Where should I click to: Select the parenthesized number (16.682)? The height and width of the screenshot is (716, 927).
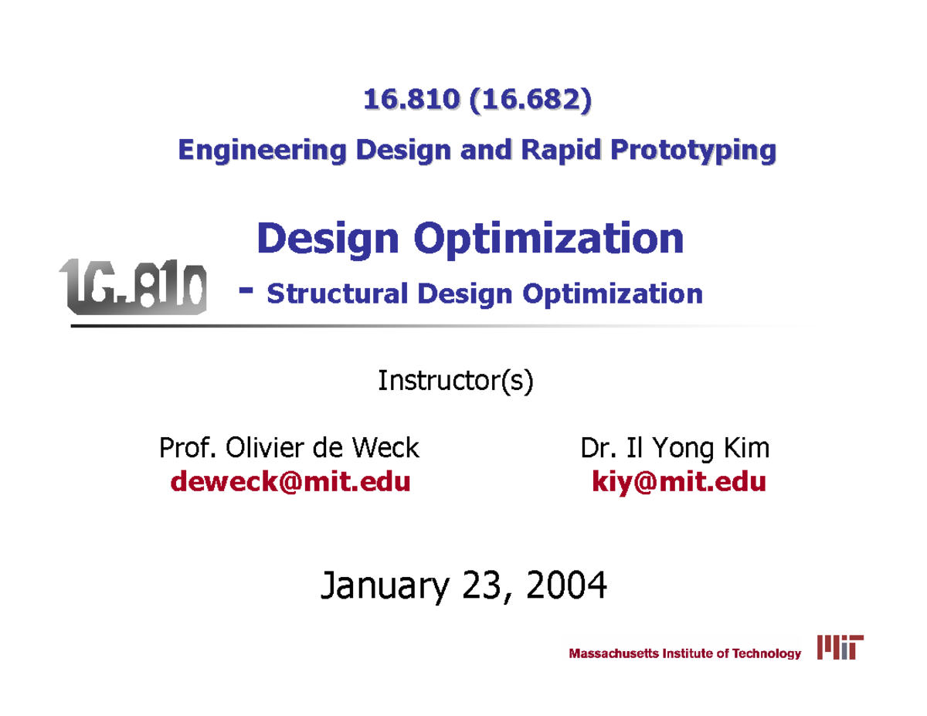click(x=529, y=100)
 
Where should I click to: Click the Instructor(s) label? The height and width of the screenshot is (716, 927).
click(x=454, y=381)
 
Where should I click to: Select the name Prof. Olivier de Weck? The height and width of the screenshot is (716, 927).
click(x=288, y=447)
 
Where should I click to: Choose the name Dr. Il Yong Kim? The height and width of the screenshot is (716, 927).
click(x=674, y=447)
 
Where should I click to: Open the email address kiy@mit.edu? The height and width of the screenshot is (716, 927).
click(x=678, y=482)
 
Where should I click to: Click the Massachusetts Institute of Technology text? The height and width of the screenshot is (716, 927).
click(x=685, y=653)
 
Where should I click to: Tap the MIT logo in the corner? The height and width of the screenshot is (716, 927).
click(x=840, y=649)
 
